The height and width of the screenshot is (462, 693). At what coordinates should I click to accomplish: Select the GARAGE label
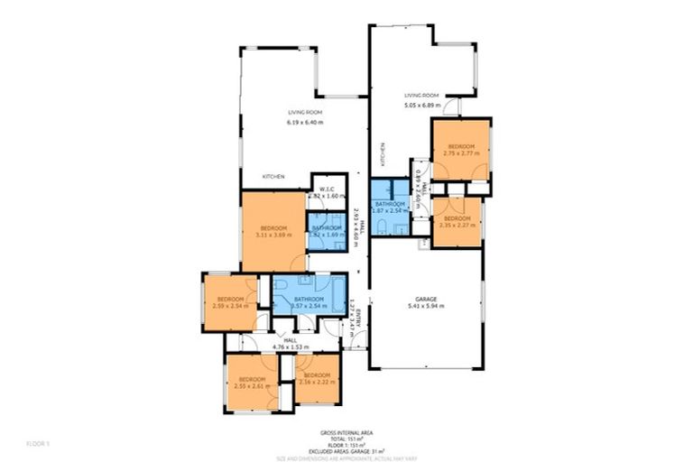tap(426, 298)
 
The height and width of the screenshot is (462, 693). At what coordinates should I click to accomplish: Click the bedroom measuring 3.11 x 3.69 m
tap(273, 231)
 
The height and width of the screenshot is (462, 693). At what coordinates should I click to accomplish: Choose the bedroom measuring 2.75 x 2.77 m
tap(461, 149)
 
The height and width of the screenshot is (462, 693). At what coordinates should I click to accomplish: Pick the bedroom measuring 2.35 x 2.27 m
tap(457, 222)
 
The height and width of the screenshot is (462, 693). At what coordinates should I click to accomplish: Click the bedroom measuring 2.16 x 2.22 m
tap(319, 379)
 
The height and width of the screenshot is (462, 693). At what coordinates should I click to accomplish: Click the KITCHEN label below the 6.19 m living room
tap(274, 176)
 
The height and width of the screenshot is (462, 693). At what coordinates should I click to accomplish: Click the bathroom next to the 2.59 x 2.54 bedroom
tap(309, 302)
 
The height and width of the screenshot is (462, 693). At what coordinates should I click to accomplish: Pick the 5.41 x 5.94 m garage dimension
tap(426, 306)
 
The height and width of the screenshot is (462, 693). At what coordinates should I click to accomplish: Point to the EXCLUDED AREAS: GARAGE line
tap(346, 451)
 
